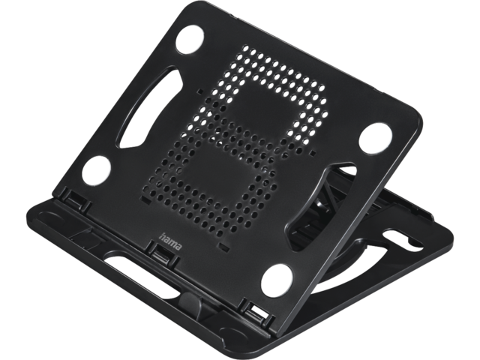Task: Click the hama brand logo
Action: point(170,241)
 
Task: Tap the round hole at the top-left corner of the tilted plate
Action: point(190,40)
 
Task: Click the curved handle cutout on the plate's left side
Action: point(148,109)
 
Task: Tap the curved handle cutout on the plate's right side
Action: point(318,208)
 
